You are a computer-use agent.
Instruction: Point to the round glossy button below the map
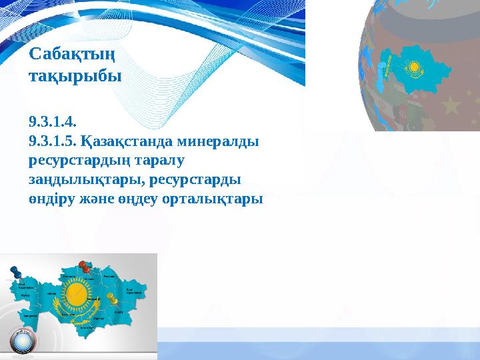coord(23,341)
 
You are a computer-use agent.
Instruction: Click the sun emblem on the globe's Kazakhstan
coord(414,67)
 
